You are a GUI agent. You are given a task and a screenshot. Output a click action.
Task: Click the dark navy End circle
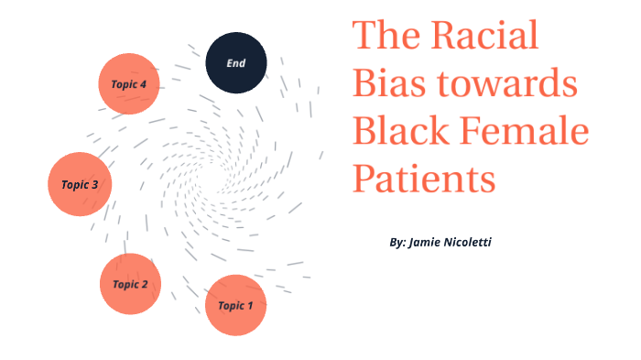235,63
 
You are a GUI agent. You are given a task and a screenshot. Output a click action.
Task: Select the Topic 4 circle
129,83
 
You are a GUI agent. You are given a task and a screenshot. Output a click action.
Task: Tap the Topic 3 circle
80,184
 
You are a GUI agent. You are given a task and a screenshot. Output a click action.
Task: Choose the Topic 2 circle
130,284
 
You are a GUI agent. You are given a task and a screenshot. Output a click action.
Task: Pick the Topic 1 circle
235,305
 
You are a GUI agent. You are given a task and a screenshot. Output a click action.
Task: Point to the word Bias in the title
386,84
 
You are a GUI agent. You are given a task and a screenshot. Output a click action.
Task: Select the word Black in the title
399,131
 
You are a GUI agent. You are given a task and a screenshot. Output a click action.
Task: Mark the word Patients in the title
424,178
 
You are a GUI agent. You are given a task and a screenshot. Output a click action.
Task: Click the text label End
235,63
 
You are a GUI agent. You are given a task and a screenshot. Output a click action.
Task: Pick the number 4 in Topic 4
144,84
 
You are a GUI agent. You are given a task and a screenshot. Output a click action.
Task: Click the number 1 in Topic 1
250,306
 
